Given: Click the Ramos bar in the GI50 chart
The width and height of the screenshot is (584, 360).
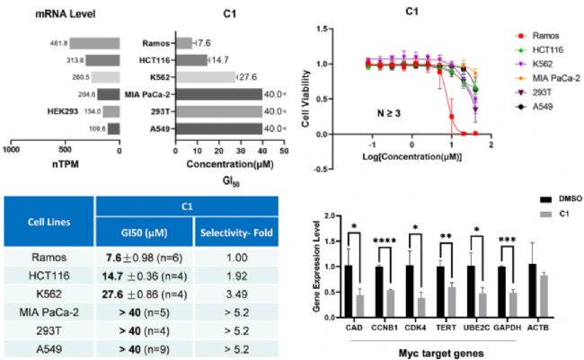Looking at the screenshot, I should [x=183, y=42].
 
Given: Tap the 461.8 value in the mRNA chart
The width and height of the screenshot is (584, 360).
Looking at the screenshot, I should [x=59, y=41].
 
